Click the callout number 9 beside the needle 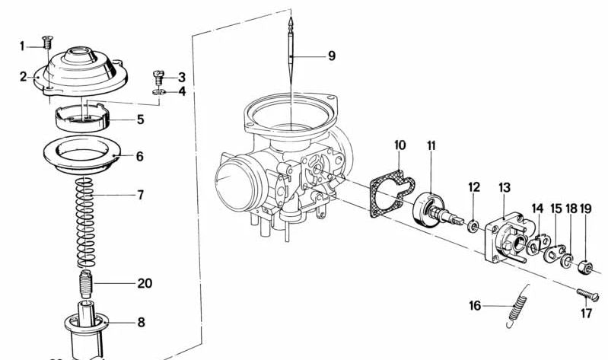pyautogui.click(x=331, y=56)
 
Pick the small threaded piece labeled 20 pyautogui.click(x=87, y=284)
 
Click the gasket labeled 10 pyautogui.click(x=390, y=191)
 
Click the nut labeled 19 pyautogui.click(x=585, y=267)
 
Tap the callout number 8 pyautogui.click(x=141, y=322)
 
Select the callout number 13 pyautogui.click(x=505, y=187)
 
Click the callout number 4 pyautogui.click(x=182, y=91)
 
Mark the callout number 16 pyautogui.click(x=476, y=306)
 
